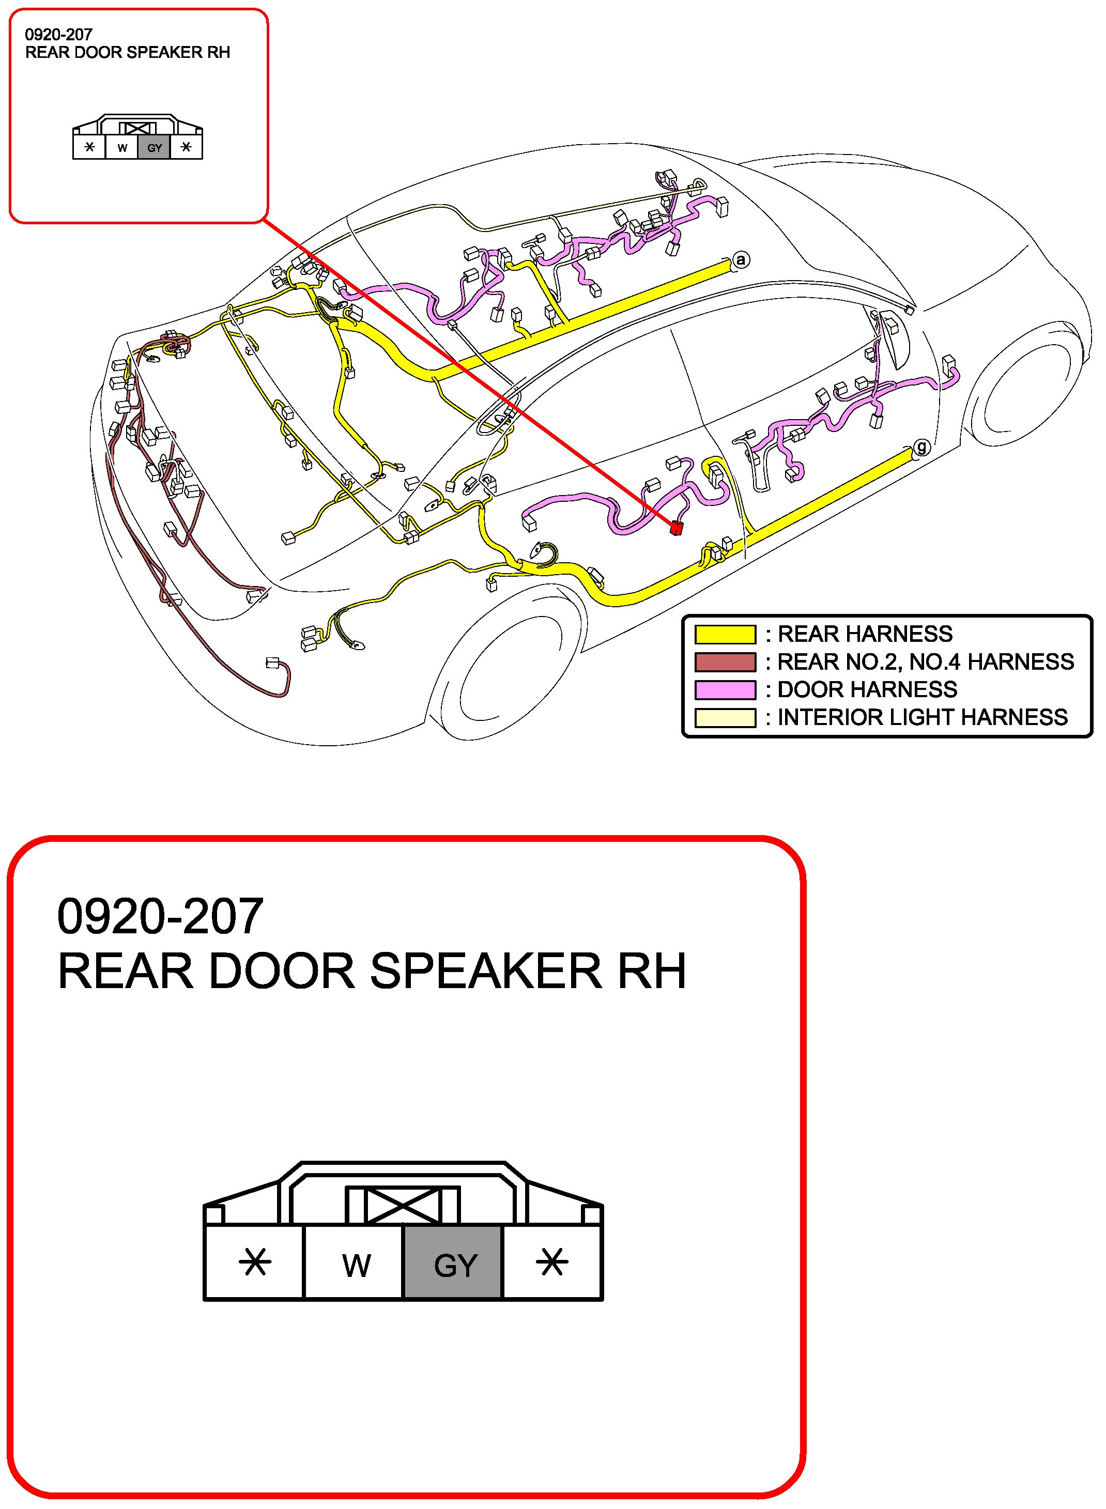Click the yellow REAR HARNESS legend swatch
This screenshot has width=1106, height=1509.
click(x=725, y=634)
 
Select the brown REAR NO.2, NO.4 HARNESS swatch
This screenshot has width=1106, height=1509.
click(x=725, y=662)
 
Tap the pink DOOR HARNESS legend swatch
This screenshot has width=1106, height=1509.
click(x=725, y=689)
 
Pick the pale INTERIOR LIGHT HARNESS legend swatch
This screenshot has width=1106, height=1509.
click(x=725, y=718)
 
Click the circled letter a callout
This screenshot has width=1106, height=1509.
click(x=741, y=260)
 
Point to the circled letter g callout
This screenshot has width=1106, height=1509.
click(x=922, y=446)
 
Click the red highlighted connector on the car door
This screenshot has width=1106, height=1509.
click(x=676, y=528)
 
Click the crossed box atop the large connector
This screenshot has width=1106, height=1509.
click(x=403, y=1206)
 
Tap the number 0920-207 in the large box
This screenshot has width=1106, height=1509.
click(x=160, y=917)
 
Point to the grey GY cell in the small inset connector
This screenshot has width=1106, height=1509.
click(x=155, y=148)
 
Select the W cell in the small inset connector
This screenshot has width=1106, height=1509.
click(x=122, y=148)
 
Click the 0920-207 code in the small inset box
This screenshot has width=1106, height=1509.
click(x=58, y=35)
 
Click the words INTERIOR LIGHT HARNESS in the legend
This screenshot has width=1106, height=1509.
click(x=922, y=718)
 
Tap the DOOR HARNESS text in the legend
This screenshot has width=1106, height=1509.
click(x=867, y=689)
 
